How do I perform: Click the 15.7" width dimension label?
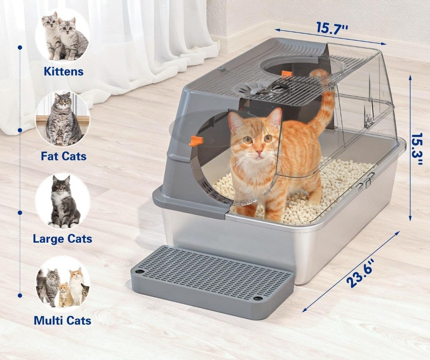coord(332,28)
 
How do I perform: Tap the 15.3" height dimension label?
coord(418,149)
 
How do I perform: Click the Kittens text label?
coord(64,72)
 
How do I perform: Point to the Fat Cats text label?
coord(64,156)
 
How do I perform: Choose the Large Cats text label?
coord(63,239)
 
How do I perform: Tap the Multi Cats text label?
coord(63,320)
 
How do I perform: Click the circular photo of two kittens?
coord(63,35)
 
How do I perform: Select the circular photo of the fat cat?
coord(63,119)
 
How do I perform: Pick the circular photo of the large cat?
coord(63,201)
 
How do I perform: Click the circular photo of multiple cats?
coord(63,284)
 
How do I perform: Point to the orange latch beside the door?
coord(197,140)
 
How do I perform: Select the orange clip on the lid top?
coord(286,74)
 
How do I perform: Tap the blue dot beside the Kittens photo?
coord(20,47)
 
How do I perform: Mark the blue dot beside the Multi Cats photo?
coord(20,295)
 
